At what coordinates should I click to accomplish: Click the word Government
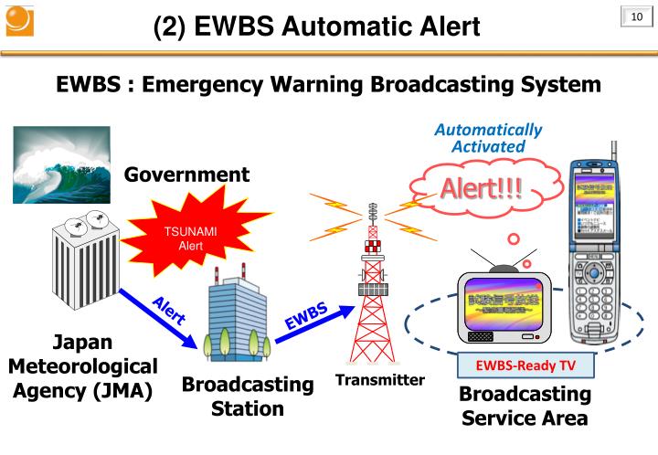click(186, 175)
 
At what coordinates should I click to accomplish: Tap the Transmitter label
click(379, 380)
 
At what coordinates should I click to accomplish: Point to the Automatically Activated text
click(488, 138)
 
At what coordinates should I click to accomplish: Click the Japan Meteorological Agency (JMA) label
click(82, 366)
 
